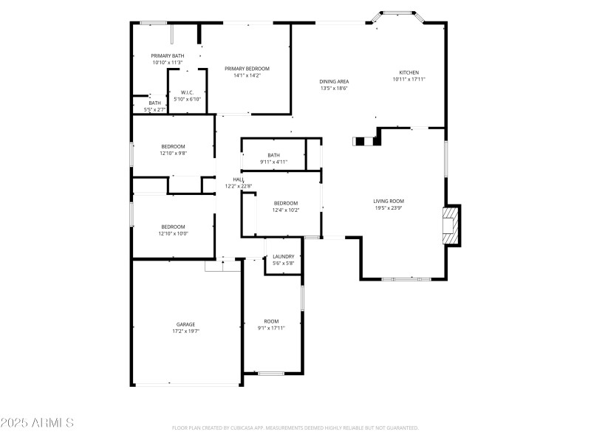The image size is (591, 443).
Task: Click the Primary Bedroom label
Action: click(x=247, y=68)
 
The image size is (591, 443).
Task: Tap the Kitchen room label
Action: click(x=409, y=72)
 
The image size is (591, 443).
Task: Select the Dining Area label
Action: click(x=334, y=81)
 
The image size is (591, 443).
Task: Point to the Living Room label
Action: click(x=388, y=201)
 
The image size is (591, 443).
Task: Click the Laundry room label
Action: click(x=283, y=257)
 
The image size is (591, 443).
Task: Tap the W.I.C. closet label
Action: click(x=187, y=92)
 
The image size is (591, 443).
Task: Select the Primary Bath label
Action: click(x=168, y=56)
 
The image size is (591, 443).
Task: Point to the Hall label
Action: click(x=239, y=179)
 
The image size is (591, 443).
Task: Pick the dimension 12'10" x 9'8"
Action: click(x=173, y=154)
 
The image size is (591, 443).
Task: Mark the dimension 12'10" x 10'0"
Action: click(x=173, y=234)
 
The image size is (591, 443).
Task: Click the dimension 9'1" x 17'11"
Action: click(x=272, y=328)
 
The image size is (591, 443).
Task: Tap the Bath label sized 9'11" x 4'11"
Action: click(x=273, y=155)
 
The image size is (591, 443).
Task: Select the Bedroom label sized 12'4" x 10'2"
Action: click(x=286, y=203)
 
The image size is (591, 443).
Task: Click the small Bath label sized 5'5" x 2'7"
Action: click(x=154, y=103)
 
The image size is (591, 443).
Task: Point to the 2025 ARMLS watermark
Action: click(x=37, y=423)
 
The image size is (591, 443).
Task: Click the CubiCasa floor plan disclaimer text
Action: click(x=295, y=427)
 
